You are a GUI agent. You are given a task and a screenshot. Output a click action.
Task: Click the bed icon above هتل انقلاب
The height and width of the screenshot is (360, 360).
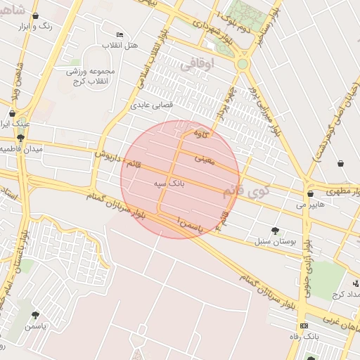tap(120, 34)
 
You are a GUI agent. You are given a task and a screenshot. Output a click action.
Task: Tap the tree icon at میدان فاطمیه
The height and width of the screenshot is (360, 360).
tap(20, 138)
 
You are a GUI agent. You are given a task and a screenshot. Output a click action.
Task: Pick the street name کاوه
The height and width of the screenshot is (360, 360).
tap(202, 133)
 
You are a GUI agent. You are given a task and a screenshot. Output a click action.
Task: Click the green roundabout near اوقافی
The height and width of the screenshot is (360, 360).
tap(243, 64)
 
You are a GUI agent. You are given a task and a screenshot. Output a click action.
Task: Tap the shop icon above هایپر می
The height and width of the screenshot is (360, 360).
tap(310, 193)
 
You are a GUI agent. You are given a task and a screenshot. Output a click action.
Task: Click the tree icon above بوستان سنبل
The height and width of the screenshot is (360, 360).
tap(274, 230)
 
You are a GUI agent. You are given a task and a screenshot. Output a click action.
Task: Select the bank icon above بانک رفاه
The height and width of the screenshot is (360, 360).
tap(303, 326)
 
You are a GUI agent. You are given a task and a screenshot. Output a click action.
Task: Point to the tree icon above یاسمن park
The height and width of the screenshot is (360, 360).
tap(35, 315)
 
